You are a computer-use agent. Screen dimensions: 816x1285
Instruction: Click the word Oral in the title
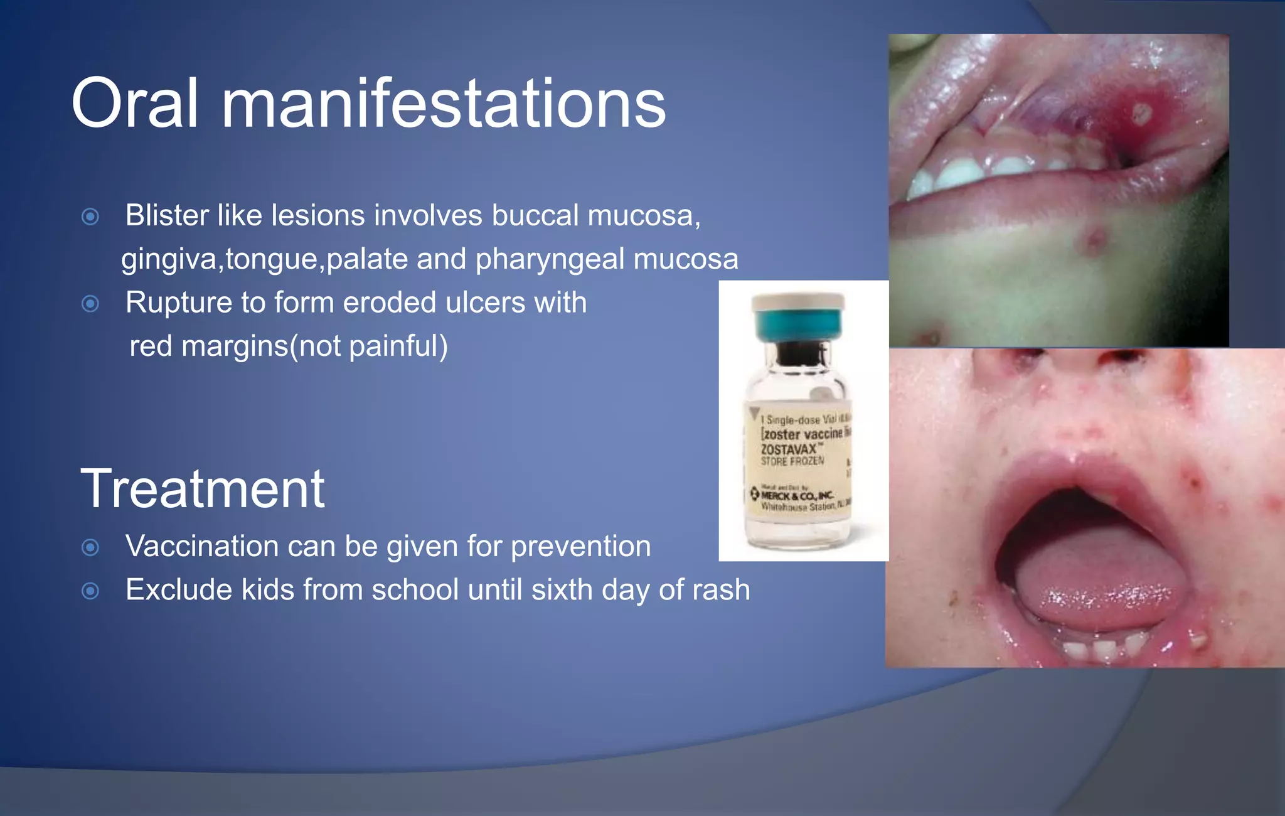[135, 104]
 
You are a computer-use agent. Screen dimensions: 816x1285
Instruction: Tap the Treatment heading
[202, 489]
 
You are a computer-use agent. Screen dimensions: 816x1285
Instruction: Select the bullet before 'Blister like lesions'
[90, 217]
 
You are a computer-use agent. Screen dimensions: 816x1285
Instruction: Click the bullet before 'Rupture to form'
[90, 304]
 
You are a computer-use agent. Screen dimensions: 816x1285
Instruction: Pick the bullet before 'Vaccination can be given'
[90, 548]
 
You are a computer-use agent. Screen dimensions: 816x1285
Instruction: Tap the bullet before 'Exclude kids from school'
[90, 591]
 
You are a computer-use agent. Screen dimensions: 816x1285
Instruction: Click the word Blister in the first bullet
[167, 215]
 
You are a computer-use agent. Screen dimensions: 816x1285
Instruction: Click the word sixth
[562, 590]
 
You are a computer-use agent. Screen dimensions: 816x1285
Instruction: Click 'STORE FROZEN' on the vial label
[792, 461]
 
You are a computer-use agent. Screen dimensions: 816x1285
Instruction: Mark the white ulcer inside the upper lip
[1141, 114]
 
